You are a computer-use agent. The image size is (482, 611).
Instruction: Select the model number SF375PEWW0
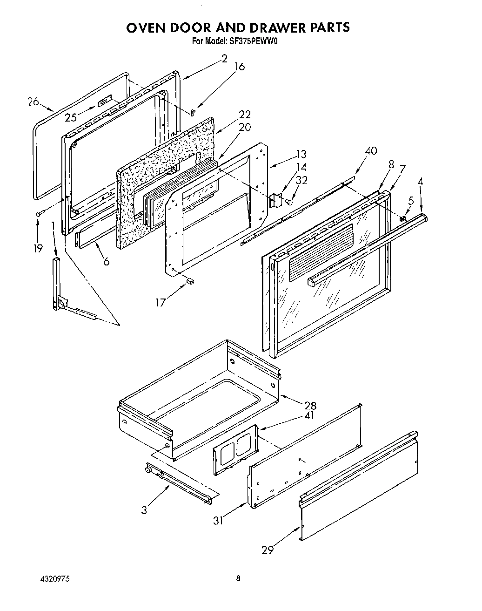253,41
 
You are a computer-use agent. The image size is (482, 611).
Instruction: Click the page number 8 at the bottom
238,579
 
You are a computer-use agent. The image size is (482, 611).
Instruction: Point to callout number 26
33,101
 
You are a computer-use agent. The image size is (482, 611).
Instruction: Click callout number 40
371,151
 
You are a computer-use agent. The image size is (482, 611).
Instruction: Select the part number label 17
161,303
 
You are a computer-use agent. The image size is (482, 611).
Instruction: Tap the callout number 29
267,550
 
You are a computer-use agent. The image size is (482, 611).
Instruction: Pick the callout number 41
309,415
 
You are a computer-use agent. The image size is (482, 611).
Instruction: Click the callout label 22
245,115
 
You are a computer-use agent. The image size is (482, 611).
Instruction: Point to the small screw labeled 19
40,213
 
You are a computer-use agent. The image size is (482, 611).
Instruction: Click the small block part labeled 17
189,281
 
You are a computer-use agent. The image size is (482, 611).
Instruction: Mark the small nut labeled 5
403,218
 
